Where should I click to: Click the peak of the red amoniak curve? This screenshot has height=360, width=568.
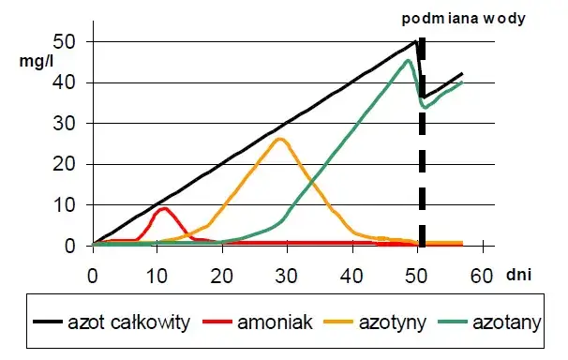coord(164,208)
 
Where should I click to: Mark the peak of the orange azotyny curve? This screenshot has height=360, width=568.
coord(279,139)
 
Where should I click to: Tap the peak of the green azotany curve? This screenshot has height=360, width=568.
coord(408,61)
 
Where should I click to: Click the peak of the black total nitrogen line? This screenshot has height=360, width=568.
coord(416,41)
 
